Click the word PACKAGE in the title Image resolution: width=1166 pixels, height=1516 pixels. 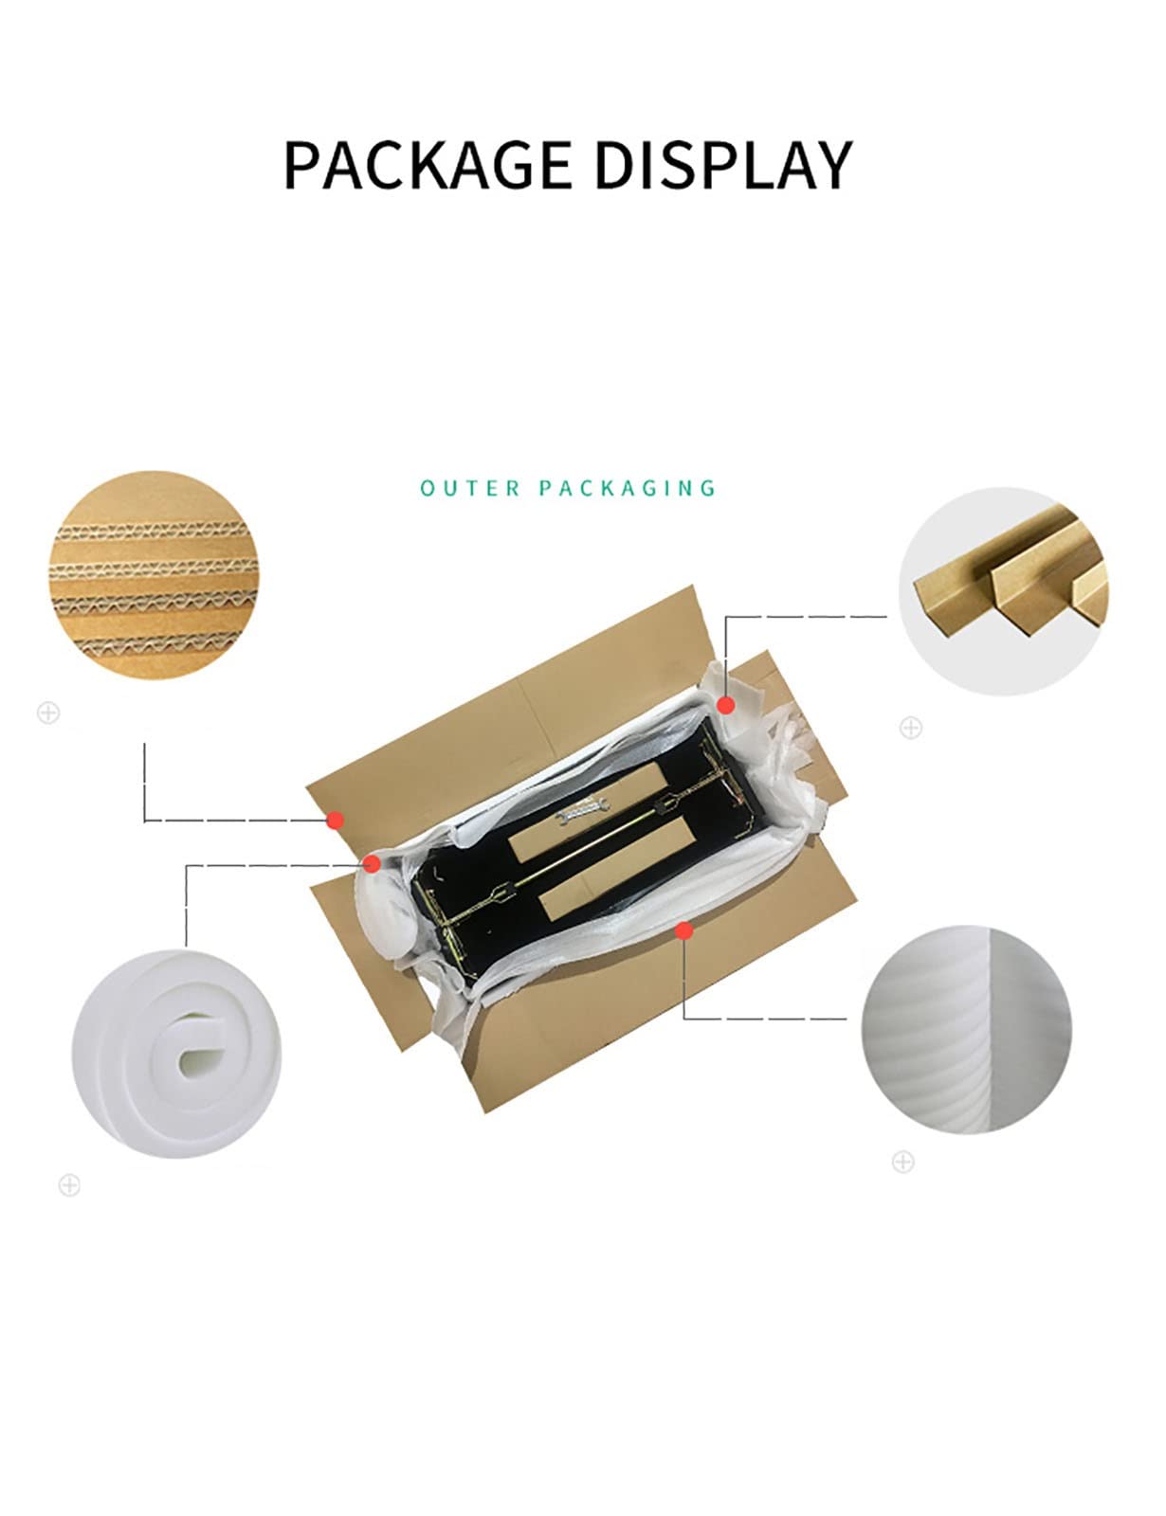click(x=428, y=165)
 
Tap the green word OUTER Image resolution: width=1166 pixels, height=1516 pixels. click(x=470, y=488)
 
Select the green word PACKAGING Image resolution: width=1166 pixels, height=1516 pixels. click(x=628, y=488)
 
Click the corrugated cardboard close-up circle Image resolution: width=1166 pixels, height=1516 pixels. click(x=154, y=575)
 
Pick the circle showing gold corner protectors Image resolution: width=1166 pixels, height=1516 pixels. click(x=1003, y=590)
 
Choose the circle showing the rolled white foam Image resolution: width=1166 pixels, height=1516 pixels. click(x=176, y=1054)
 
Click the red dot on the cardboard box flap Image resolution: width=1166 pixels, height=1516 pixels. click(x=336, y=820)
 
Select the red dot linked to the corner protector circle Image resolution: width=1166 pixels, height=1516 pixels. click(x=726, y=705)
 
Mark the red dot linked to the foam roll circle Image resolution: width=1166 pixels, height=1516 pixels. click(x=372, y=864)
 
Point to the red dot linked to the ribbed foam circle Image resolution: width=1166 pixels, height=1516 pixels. click(x=683, y=929)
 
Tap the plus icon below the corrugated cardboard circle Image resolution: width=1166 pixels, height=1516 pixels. click(x=48, y=713)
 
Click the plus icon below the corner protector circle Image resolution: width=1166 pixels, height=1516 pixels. click(x=911, y=728)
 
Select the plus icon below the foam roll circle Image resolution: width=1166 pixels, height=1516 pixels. click(x=69, y=1185)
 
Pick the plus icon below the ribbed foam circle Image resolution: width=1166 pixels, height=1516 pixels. click(x=902, y=1162)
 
